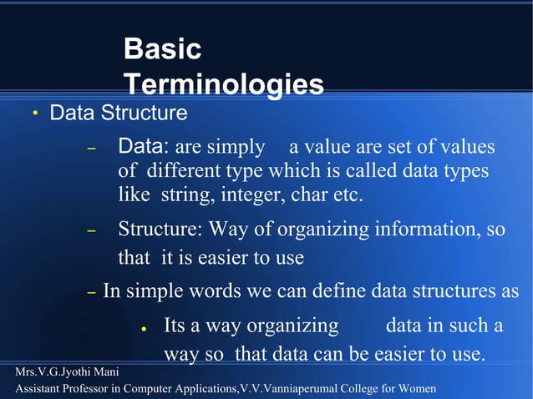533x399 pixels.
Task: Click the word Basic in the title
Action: (162, 49)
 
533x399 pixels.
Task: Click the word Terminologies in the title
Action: (223, 84)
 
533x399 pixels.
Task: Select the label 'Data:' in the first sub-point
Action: (144, 148)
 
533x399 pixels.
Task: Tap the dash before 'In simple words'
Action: (93, 292)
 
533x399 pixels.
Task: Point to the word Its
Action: (175, 325)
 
